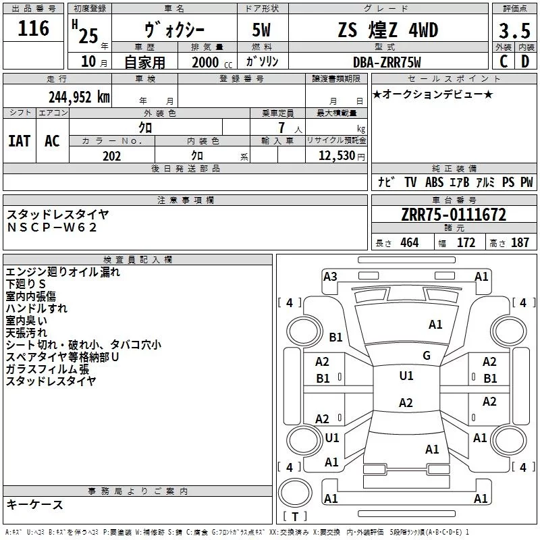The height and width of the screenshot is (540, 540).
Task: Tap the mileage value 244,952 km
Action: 79,97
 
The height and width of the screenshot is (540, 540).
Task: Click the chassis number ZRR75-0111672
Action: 453,215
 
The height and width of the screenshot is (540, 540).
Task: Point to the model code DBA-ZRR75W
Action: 387,62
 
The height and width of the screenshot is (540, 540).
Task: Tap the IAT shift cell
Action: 19,141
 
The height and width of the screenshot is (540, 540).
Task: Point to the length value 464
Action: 408,243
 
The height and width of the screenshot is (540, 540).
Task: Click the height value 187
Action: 520,243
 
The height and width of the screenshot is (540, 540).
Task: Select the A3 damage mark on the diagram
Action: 330,276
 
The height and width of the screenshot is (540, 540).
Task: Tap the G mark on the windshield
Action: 426,356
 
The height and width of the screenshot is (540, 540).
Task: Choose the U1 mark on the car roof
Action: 406,376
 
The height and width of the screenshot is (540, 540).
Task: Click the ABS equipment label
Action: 434,182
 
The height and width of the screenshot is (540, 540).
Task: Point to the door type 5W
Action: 263,31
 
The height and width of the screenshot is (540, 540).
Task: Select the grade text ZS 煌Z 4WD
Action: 387,31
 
